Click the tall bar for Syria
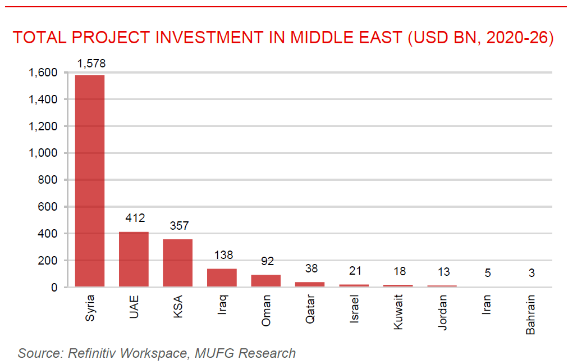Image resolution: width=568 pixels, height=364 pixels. (x=90, y=181)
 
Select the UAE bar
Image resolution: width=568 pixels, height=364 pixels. (x=134, y=259)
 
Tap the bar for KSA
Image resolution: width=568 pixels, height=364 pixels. (x=177, y=263)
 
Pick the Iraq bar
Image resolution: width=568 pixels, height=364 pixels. (x=222, y=277)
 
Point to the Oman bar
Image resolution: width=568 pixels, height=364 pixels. (x=265, y=281)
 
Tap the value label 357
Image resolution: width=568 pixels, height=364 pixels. (x=178, y=226)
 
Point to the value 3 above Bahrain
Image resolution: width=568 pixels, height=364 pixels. (x=530, y=274)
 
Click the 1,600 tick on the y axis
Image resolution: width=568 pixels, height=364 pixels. (x=43, y=72)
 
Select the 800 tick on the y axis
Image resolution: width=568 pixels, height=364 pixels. (x=48, y=180)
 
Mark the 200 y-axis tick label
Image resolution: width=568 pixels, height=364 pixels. (x=48, y=261)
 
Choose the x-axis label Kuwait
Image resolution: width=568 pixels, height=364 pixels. (x=398, y=312)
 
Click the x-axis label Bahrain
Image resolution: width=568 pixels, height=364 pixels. (x=530, y=315)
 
